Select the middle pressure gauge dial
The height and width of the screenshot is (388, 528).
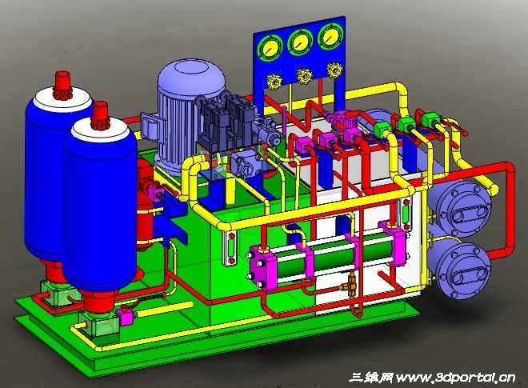pos(301,42)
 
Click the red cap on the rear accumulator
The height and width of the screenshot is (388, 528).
pos(63,86)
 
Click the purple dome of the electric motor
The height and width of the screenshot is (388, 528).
pos(192,77)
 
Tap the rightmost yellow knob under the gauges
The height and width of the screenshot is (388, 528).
pos(334,70)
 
